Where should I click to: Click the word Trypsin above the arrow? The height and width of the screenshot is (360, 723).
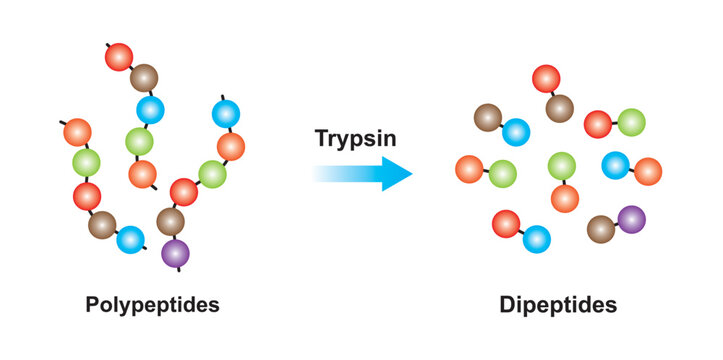[355, 139]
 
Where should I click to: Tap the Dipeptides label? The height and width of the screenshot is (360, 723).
[558, 304]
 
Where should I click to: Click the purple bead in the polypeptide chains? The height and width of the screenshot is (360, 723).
[176, 252]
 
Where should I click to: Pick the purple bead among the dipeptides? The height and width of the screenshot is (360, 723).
[631, 219]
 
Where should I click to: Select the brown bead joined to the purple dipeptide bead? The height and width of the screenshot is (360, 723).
[601, 229]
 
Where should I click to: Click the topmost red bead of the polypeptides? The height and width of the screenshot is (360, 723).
[119, 57]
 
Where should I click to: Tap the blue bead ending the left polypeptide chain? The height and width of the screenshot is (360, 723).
[130, 240]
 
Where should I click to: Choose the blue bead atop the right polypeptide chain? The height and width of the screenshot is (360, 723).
[224, 113]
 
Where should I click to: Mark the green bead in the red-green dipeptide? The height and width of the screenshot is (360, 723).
[631, 122]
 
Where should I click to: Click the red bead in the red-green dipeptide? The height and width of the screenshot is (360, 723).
[598, 124]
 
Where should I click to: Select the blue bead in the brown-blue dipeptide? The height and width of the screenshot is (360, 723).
[516, 131]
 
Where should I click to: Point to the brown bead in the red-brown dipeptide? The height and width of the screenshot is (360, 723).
[559, 107]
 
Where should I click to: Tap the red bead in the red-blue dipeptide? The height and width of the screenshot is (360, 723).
[506, 223]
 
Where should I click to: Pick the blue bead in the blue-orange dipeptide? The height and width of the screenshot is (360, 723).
[615, 164]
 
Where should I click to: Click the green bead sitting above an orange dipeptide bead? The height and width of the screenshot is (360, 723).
[562, 165]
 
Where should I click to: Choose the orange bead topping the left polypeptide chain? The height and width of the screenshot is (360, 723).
[77, 132]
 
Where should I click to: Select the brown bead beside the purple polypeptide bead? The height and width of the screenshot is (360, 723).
[171, 221]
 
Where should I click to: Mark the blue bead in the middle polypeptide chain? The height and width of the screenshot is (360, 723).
[151, 109]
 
